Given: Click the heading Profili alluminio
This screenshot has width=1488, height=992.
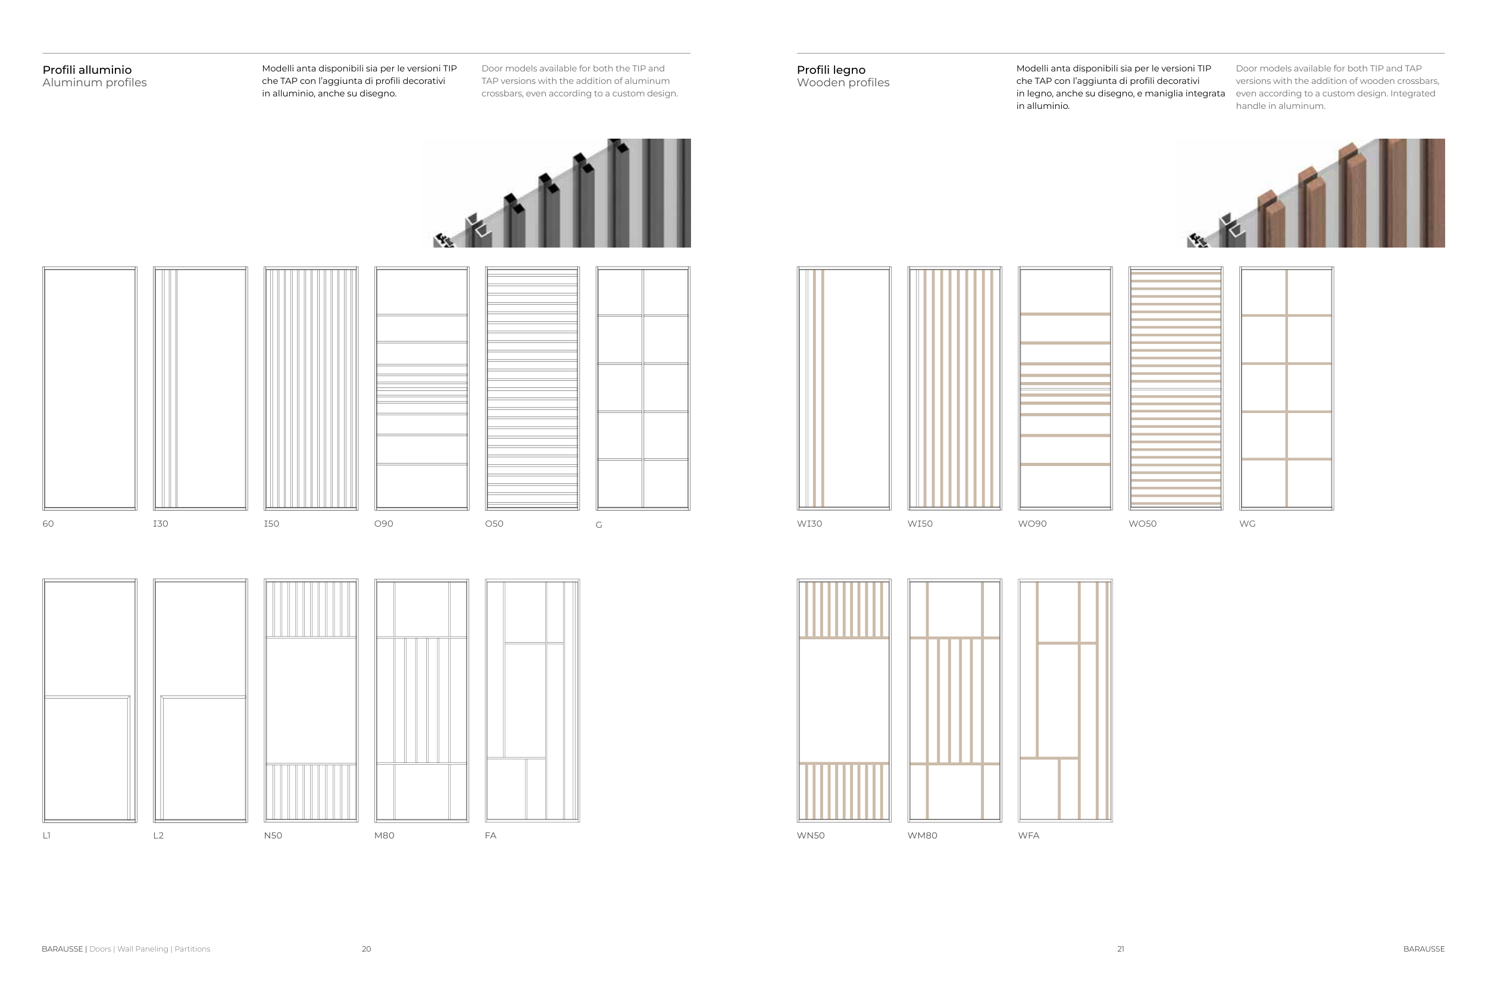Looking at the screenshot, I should click(x=87, y=70).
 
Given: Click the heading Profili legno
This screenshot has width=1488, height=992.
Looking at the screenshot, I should click(x=831, y=70).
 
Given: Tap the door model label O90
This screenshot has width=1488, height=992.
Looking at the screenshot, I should click(x=383, y=524).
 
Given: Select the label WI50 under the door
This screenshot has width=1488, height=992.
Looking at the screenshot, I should click(x=919, y=524).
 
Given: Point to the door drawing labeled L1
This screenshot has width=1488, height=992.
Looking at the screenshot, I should click(x=89, y=700).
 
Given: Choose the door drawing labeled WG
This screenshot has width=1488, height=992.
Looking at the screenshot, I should click(x=1286, y=389).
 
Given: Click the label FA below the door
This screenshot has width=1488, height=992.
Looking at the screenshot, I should click(x=490, y=835).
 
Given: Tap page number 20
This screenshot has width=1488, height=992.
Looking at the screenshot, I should click(x=366, y=949).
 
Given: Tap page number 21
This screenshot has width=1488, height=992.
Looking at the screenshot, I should click(x=1120, y=949).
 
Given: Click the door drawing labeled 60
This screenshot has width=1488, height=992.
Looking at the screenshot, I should click(x=89, y=389).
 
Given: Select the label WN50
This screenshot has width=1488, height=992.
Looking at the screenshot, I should click(x=811, y=835).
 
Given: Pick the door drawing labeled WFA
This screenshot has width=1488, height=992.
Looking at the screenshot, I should click(x=1065, y=700).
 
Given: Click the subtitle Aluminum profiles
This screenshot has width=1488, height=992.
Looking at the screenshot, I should click(x=94, y=83).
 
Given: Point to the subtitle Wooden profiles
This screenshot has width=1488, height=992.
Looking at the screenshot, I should click(x=843, y=83).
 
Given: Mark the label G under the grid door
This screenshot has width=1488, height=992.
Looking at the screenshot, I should click(x=599, y=525).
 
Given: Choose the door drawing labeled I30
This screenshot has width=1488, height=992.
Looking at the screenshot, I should click(x=200, y=389).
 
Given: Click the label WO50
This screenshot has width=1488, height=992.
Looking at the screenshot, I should click(x=1142, y=524).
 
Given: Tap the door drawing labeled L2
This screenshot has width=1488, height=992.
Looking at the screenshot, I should click(x=200, y=700).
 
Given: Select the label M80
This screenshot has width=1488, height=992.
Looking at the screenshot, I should click(x=384, y=835).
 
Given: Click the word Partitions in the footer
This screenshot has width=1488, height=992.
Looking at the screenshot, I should click(x=192, y=949).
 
